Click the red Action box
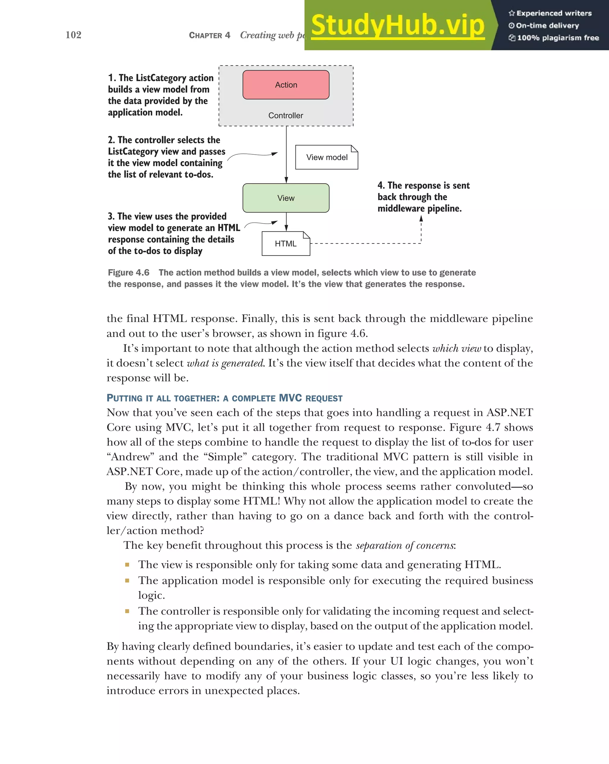tap(286, 85)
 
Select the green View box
tap(286, 198)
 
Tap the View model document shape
tap(327, 157)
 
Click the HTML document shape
tap(285, 244)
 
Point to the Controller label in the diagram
tap(285, 115)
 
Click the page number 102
tap(73, 35)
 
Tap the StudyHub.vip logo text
tap(398, 26)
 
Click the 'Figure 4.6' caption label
tap(128, 272)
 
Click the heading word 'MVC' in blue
tap(290, 398)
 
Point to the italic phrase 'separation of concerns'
tap(405, 545)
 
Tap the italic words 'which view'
tap(457, 348)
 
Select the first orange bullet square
tap(127, 565)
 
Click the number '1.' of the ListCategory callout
tap(112, 78)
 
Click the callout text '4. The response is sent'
tap(423, 185)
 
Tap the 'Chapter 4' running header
tap(209, 35)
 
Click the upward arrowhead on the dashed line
tap(421, 219)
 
